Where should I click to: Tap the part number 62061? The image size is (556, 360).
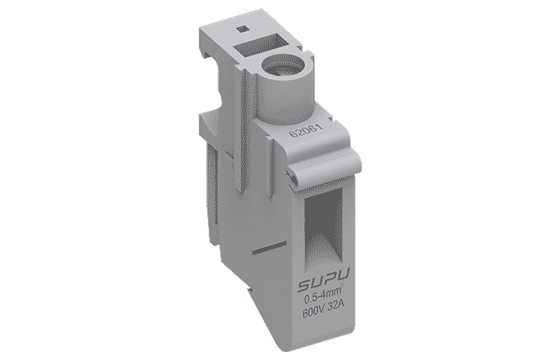(x=306, y=131)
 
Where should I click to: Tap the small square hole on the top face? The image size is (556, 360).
(x=243, y=29)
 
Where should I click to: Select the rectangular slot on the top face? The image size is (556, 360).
(x=259, y=45)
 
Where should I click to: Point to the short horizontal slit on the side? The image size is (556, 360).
(x=269, y=248)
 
